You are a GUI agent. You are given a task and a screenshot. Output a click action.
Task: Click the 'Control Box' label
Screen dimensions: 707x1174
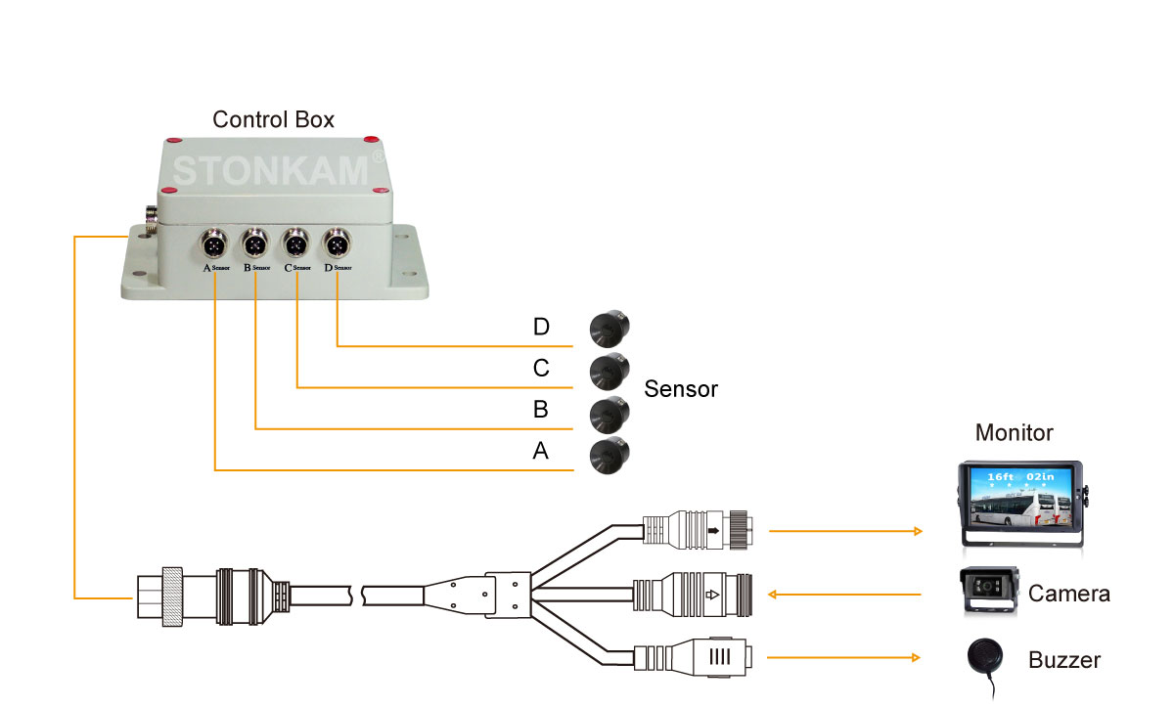pyautogui.click(x=273, y=120)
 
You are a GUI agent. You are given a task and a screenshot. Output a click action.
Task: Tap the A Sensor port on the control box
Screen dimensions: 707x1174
pyautogui.click(x=213, y=242)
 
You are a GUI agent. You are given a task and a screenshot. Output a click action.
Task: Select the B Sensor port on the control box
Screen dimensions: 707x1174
pyautogui.click(x=254, y=242)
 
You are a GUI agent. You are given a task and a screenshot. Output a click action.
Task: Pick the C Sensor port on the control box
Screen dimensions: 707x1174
pyautogui.click(x=296, y=242)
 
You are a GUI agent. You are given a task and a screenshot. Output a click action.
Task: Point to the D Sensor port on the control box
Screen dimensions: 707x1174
pyautogui.click(x=338, y=242)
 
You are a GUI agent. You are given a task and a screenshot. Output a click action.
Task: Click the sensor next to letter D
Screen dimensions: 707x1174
pyautogui.click(x=610, y=328)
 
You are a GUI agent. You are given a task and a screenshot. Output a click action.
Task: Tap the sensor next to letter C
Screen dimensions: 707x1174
pyautogui.click(x=610, y=371)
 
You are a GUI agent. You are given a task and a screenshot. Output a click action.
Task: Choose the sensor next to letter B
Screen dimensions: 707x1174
pyautogui.click(x=610, y=413)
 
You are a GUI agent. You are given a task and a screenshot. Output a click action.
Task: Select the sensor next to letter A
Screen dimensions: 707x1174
pyautogui.click(x=610, y=455)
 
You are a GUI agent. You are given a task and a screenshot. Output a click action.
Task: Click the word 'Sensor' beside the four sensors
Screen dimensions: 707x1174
pyautogui.click(x=681, y=389)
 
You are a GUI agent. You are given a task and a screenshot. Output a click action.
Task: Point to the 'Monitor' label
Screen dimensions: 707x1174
pyautogui.click(x=1015, y=432)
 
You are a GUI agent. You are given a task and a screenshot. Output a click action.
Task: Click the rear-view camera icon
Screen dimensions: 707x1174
pyautogui.click(x=990, y=590)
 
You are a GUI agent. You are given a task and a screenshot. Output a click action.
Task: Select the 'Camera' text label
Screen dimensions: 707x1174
pyautogui.click(x=1068, y=594)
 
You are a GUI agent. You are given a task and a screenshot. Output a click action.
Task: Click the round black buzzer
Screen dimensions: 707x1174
pyautogui.click(x=987, y=656)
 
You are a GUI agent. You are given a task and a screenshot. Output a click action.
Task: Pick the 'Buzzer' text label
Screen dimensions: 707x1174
pyautogui.click(x=1064, y=660)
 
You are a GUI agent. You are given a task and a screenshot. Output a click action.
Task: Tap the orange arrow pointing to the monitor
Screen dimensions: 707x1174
pyautogui.click(x=845, y=532)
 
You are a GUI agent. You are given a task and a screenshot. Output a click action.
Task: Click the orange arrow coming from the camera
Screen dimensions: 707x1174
pyautogui.click(x=845, y=594)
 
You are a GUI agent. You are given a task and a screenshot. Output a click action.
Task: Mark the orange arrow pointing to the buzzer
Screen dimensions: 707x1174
pyautogui.click(x=845, y=657)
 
